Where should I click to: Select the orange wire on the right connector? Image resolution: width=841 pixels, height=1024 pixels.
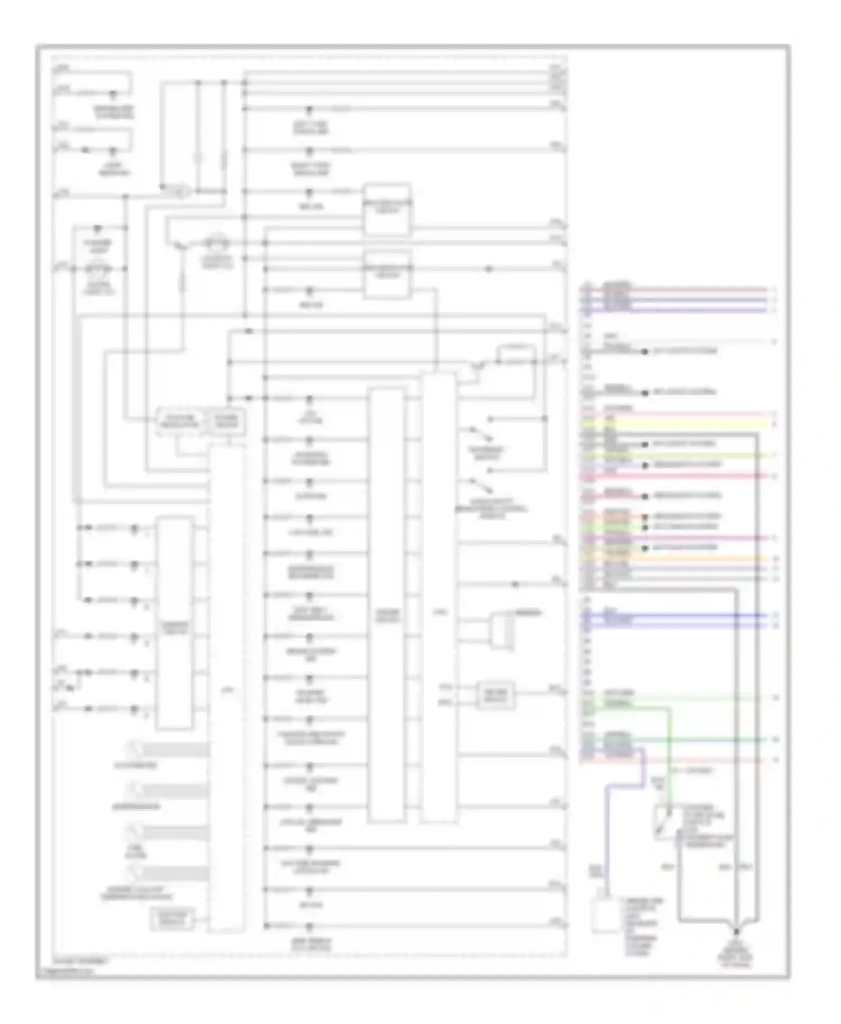click(x=701, y=558)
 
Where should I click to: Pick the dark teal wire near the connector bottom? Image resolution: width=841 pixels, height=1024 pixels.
click(x=701, y=739)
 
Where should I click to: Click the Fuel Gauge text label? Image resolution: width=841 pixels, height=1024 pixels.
click(x=135, y=852)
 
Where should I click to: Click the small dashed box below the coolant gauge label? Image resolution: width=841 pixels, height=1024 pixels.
click(x=172, y=920)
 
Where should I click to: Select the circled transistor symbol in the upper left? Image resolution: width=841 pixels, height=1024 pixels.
click(x=178, y=192)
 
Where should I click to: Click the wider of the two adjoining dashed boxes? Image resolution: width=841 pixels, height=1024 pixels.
click(x=179, y=421)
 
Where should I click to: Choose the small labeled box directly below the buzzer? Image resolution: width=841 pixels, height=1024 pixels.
click(x=495, y=695)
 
